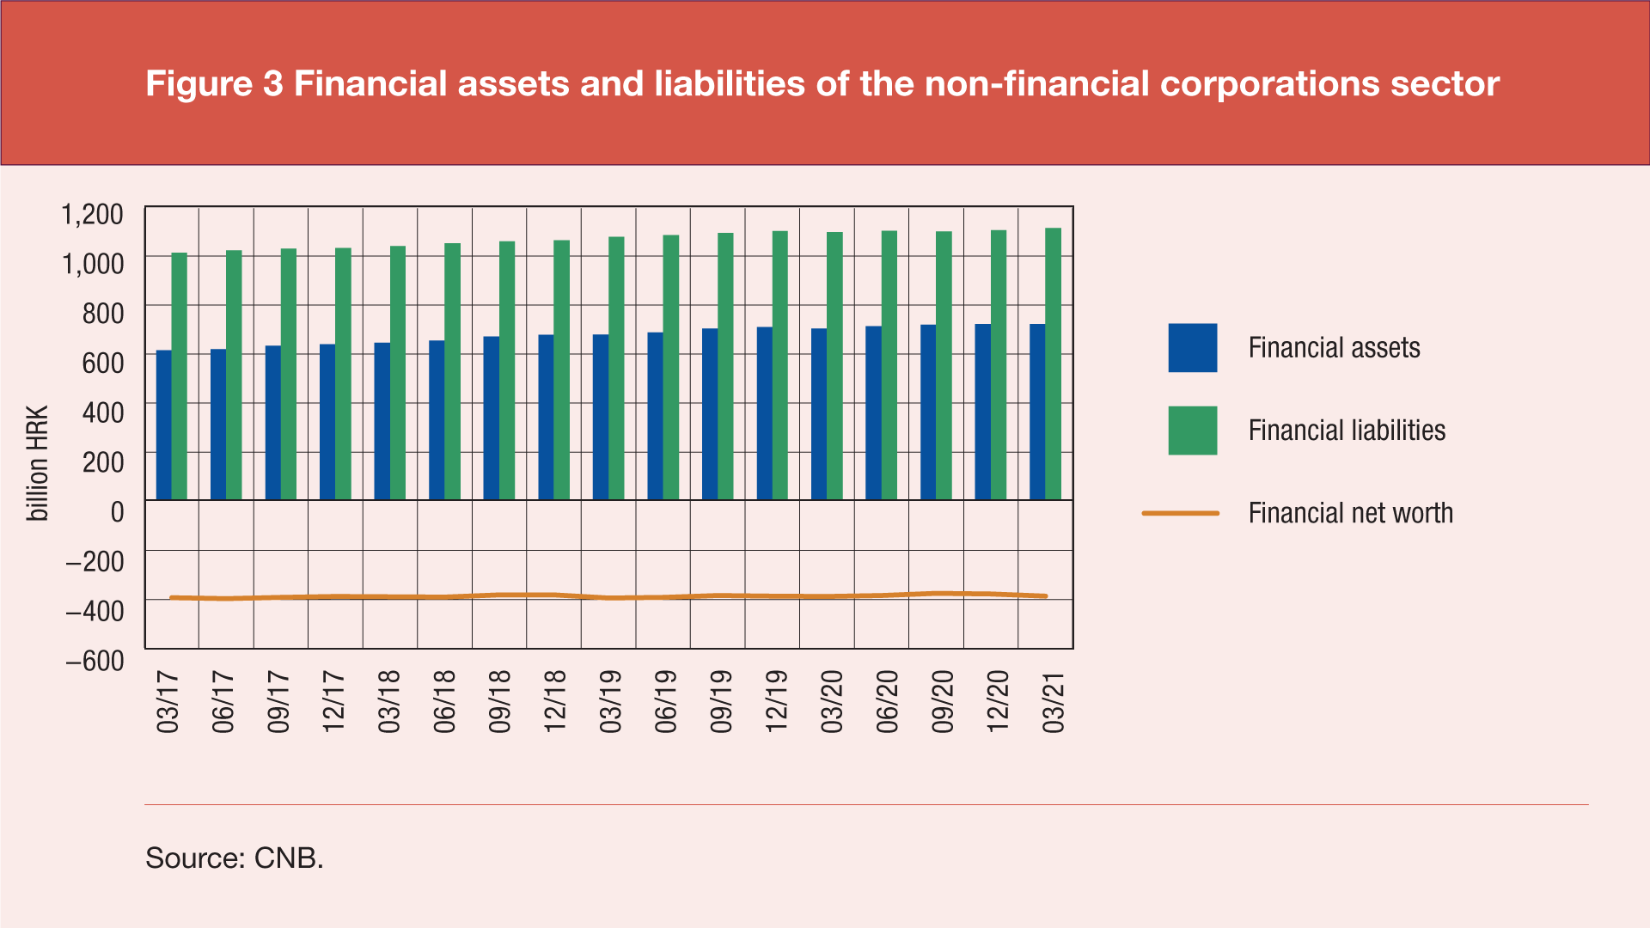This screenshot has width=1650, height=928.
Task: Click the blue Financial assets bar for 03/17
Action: tap(163, 425)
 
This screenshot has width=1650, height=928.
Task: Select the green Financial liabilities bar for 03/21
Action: tap(1053, 364)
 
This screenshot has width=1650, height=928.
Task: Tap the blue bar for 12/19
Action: tap(764, 413)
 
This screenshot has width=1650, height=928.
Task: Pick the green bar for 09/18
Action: tap(507, 370)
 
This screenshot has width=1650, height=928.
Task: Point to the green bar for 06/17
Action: tap(234, 375)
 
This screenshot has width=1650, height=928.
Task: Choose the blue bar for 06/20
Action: tap(873, 413)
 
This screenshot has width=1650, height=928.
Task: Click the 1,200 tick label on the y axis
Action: tap(93, 214)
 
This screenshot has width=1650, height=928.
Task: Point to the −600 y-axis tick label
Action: tap(95, 661)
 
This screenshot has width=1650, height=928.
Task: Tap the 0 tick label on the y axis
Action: tap(118, 512)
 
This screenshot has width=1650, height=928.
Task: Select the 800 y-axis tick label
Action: tap(103, 314)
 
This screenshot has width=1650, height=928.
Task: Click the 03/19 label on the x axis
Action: tap(610, 702)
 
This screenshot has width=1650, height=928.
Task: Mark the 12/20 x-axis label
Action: tap(998, 702)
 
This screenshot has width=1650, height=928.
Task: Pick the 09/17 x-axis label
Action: tap(278, 702)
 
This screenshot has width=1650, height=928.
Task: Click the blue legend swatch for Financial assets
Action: tap(1192, 348)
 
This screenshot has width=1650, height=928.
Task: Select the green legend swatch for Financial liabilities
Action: tap(1192, 430)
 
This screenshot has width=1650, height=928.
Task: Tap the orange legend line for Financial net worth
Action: tap(1180, 513)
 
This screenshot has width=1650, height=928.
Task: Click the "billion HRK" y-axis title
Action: tap(38, 463)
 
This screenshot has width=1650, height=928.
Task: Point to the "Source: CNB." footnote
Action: tap(235, 858)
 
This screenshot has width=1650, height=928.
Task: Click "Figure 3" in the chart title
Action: tap(214, 84)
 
